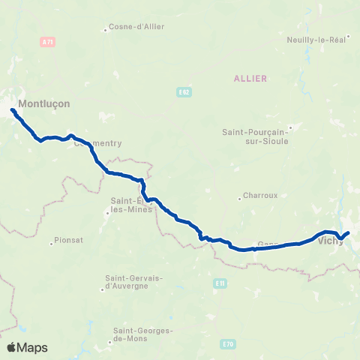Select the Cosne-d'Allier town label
(x=136, y=27)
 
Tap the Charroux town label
(x=260, y=195)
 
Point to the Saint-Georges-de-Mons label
(x=143, y=334)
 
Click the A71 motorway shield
(x=49, y=42)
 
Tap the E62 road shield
(x=184, y=92)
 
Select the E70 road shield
(x=229, y=343)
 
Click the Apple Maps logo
(x=27, y=347)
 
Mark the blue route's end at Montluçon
(x=13, y=111)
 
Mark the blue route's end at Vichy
(x=348, y=233)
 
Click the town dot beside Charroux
(x=239, y=199)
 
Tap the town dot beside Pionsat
(x=51, y=242)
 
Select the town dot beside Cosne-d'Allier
(x=106, y=31)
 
